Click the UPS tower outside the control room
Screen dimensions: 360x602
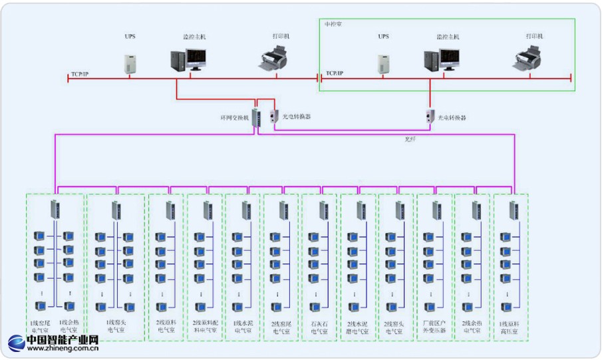pyautogui.click(x=130, y=63)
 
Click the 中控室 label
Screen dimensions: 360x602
pyautogui.click(x=334, y=24)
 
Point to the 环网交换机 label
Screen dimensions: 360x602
pyautogui.click(x=235, y=118)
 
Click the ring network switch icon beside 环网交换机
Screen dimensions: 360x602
pyautogui.click(x=256, y=116)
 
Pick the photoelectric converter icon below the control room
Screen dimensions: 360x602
pyautogui.click(x=430, y=116)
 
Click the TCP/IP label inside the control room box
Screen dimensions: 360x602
pyautogui.click(x=335, y=73)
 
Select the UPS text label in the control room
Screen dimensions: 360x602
pyautogui.click(x=383, y=37)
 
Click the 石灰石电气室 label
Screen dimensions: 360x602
pyautogui.click(x=319, y=327)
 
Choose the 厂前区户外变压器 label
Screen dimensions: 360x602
pyautogui.click(x=434, y=327)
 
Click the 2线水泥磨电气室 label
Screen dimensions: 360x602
pyautogui.click(x=358, y=327)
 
